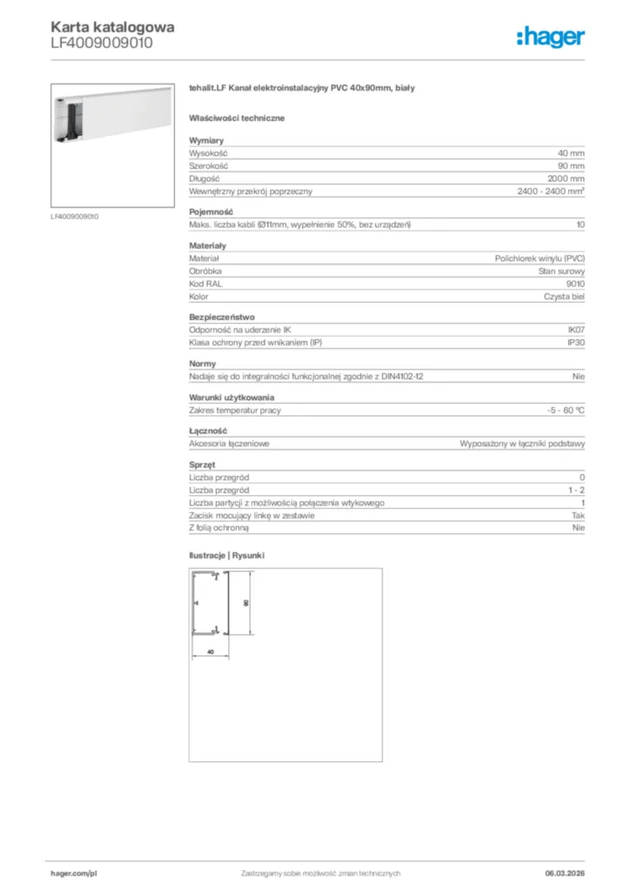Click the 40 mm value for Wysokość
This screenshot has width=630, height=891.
(x=571, y=152)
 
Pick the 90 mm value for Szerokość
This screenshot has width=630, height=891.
(x=571, y=165)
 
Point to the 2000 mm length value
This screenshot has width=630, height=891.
(x=566, y=178)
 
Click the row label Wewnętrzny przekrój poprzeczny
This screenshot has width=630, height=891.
(x=251, y=191)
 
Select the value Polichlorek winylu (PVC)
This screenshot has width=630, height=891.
(x=540, y=258)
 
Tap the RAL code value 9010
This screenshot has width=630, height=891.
(x=575, y=284)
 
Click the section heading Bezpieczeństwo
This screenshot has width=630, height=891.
(x=222, y=318)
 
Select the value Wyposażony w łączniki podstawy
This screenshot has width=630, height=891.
(x=522, y=444)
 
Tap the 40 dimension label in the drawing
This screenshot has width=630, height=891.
(x=210, y=651)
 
